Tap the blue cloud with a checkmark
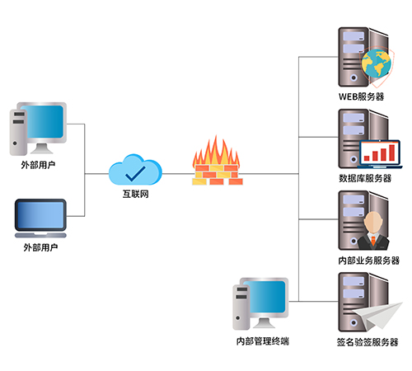pyautogui.click(x=135, y=170)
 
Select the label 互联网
pyautogui.click(x=135, y=194)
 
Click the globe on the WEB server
pyautogui.click(x=377, y=63)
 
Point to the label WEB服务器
pyautogui.click(x=362, y=96)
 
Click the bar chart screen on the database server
pyautogui.click(x=380, y=153)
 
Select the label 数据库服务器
pyautogui.click(x=365, y=178)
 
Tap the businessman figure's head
pyautogui.click(x=373, y=222)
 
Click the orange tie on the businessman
pyautogui.click(x=373, y=240)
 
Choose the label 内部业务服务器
pyautogui.click(x=369, y=261)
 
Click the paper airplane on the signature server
pyautogui.click(x=377, y=316)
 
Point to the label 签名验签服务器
pyautogui.click(x=368, y=342)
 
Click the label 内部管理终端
pyautogui.click(x=263, y=341)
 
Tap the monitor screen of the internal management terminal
pyautogui.click(x=265, y=297)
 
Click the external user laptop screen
pyautogui.click(x=40, y=215)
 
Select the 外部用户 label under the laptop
pyautogui.click(x=40, y=247)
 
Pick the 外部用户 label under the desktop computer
pyautogui.click(x=38, y=165)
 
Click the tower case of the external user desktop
pyautogui.click(x=18, y=133)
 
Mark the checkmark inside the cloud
pyautogui.click(x=135, y=174)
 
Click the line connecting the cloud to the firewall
pyautogui.click(x=178, y=174)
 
